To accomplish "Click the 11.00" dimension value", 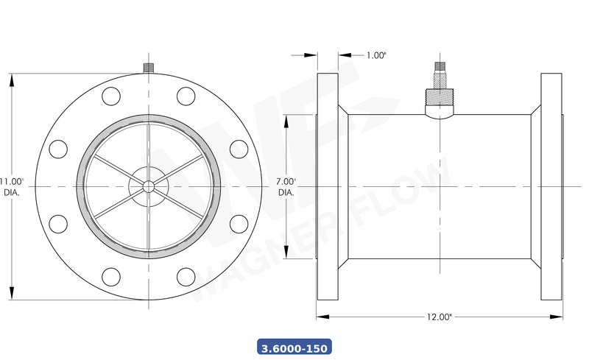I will tap(13, 180).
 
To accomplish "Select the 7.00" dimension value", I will tap(286, 181).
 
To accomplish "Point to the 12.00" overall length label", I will tap(439, 317).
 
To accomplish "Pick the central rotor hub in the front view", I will tap(148, 186).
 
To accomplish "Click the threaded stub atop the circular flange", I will tap(148, 68).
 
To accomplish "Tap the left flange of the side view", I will tap(328, 186).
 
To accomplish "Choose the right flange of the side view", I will tap(551, 186).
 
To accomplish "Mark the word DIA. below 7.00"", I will tap(286, 193).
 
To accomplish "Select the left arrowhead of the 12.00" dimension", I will tap(322, 317).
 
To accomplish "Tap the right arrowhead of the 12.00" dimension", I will tap(557, 317).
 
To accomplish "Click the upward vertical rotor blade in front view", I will tap(148, 147).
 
